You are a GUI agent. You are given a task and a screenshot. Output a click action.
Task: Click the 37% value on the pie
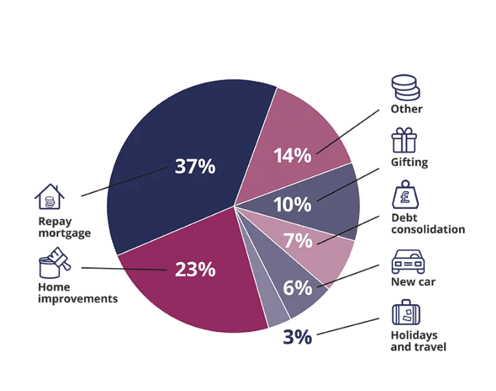[x=195, y=166]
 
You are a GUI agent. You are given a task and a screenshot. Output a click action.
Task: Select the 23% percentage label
[x=195, y=269]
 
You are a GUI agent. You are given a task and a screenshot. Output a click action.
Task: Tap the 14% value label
[x=292, y=156]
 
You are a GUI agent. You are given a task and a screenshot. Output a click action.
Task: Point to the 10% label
[x=292, y=205]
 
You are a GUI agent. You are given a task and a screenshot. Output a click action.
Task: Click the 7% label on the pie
[x=298, y=241]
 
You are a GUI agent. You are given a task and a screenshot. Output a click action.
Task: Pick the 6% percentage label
[x=298, y=287]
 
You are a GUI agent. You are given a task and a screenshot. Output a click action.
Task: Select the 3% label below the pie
[x=297, y=337]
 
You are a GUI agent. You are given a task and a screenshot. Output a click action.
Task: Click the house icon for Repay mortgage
[x=49, y=197]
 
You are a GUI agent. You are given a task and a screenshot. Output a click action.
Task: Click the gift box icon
[x=404, y=140]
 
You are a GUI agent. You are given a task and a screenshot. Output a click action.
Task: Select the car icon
[x=408, y=262]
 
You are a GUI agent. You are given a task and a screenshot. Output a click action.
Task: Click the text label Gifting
[x=409, y=162]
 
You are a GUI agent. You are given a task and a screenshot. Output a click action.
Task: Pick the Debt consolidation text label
[x=427, y=223]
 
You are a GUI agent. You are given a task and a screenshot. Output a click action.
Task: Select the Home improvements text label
[x=78, y=293]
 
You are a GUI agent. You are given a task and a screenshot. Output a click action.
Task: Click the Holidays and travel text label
[x=418, y=341]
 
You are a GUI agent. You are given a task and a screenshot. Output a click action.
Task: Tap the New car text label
[x=413, y=282]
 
